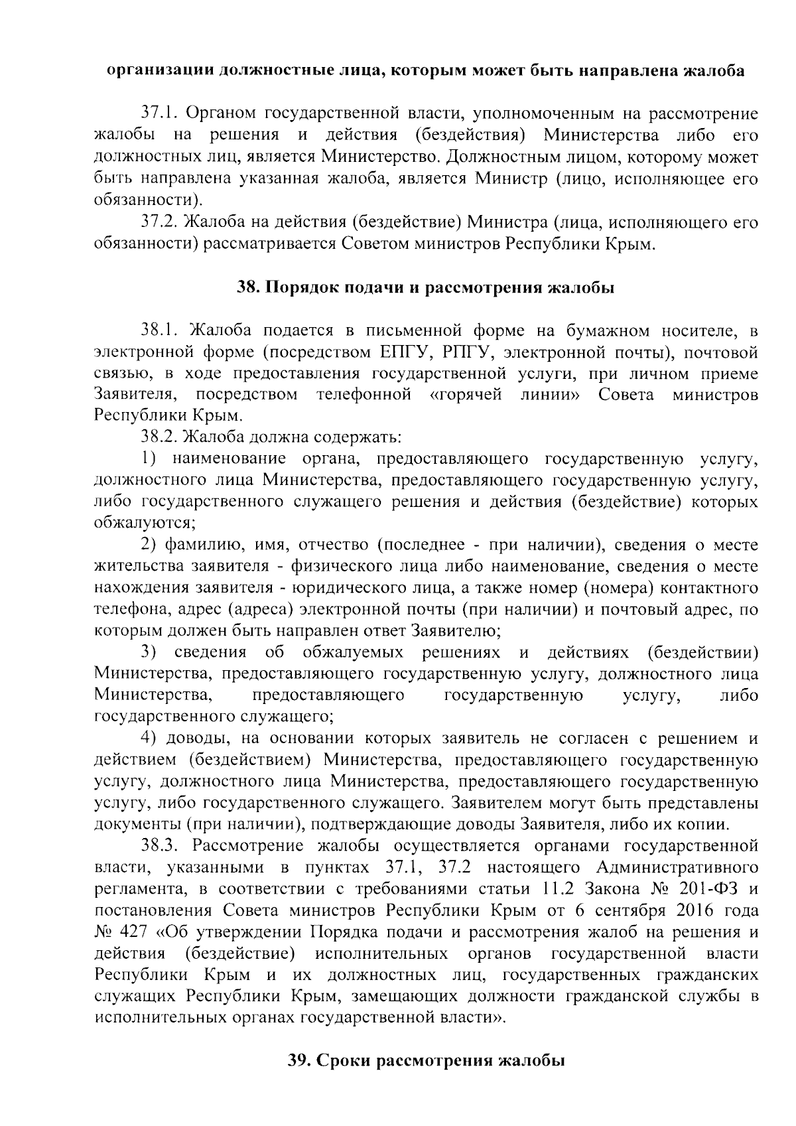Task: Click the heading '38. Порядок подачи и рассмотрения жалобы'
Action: [426, 288]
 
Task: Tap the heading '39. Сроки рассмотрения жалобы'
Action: [426, 1060]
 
